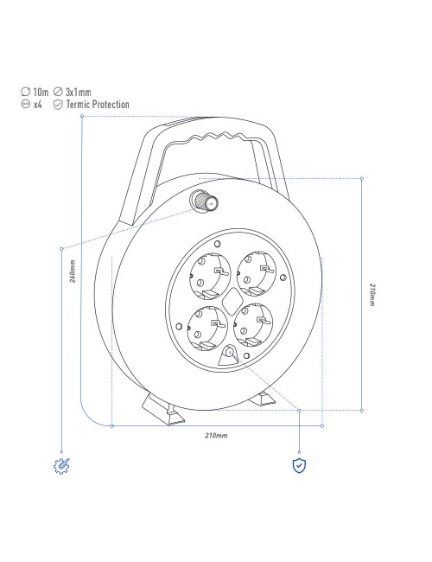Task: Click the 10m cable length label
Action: [41, 93]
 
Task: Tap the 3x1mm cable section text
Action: [78, 93]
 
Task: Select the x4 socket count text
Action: [38, 105]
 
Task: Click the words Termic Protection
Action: [98, 105]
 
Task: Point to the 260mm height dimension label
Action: [73, 271]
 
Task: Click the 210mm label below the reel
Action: [216, 436]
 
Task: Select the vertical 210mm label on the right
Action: [372, 295]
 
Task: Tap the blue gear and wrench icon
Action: [61, 466]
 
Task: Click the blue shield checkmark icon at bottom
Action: [299, 465]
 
